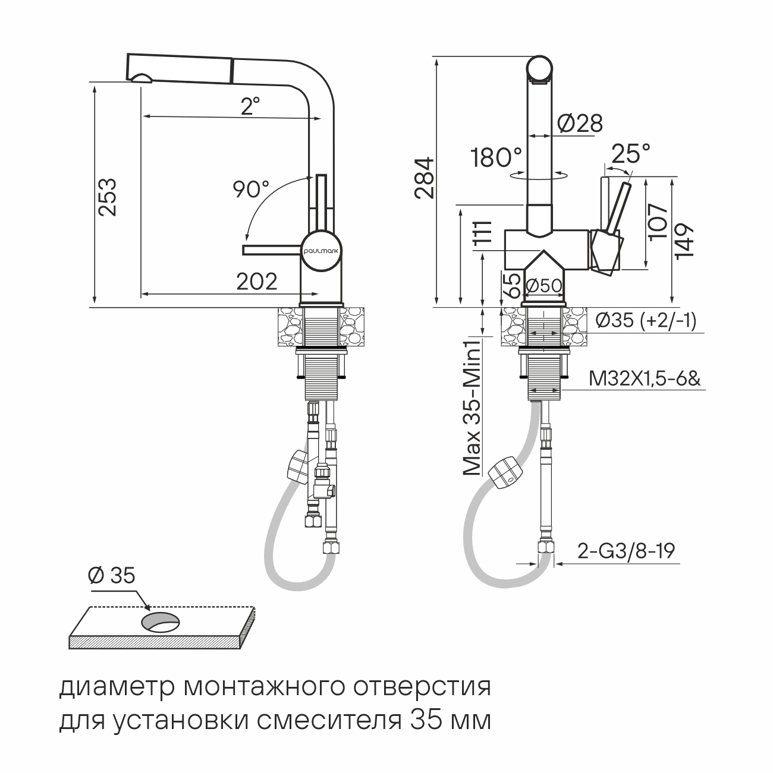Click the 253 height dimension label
[108, 197]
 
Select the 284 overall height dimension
[425, 178]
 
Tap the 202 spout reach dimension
[257, 282]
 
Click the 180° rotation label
[496, 157]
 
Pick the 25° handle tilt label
[630, 154]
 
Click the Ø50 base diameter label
[543, 286]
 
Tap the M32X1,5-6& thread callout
[645, 378]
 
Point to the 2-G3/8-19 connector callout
[626, 551]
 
